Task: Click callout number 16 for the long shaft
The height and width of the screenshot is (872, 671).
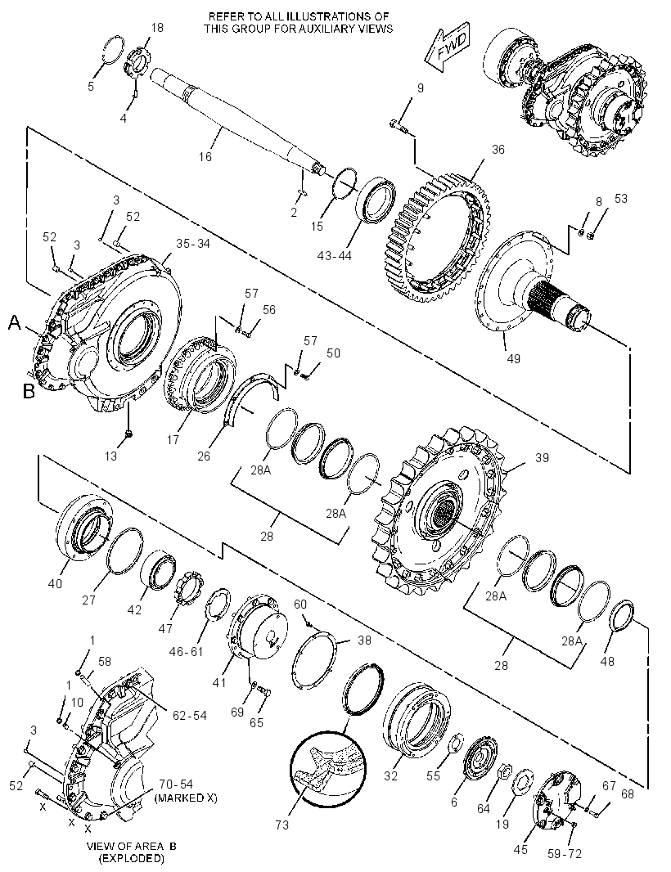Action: (205, 156)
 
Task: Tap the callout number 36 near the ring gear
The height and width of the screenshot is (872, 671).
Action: (498, 149)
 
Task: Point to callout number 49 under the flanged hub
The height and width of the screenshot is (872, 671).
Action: (514, 358)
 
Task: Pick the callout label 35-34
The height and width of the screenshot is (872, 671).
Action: (193, 243)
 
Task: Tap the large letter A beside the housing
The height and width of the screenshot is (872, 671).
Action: (15, 322)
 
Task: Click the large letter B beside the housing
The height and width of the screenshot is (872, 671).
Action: (29, 391)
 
